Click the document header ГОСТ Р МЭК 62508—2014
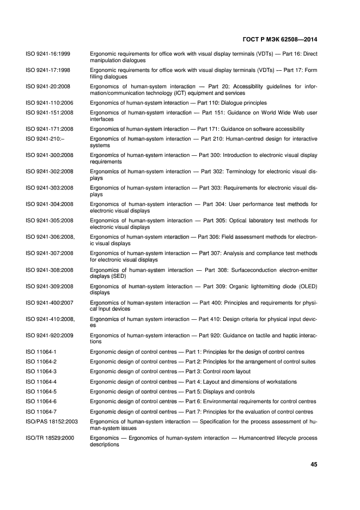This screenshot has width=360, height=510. (x=278, y=40)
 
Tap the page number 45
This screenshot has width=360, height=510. (x=313, y=465)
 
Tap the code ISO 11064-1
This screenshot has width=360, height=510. (x=41, y=352)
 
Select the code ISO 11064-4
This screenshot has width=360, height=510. (x=41, y=381)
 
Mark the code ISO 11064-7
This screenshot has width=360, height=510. (x=41, y=411)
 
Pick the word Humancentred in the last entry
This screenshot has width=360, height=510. (x=252, y=438)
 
